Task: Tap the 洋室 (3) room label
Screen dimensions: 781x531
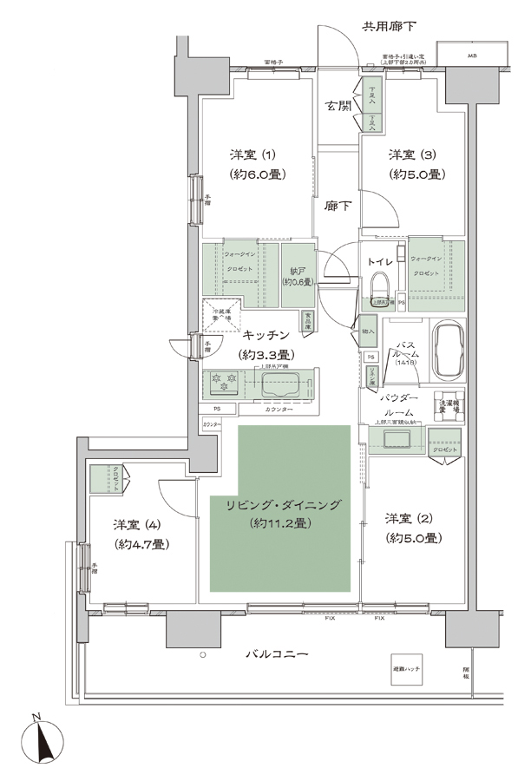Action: coord(411,155)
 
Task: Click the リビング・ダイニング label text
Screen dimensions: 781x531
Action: coord(280,505)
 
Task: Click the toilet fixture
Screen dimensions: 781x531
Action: coord(379,289)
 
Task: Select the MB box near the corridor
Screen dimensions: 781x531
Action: coord(471,56)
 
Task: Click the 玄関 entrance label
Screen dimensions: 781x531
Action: coord(338,106)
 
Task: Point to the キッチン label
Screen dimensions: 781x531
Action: coord(265,335)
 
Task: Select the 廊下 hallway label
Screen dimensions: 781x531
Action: coord(338,206)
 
